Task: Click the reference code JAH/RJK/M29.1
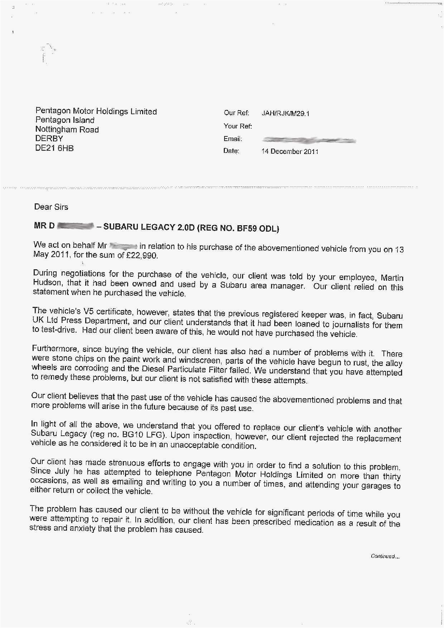tap(285, 113)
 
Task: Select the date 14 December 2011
tap(290, 151)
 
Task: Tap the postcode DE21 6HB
tap(54, 148)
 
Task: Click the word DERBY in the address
tap(49, 139)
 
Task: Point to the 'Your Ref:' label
tap(238, 126)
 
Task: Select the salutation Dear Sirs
tap(51, 207)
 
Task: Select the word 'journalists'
tap(346, 325)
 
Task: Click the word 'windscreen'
tap(202, 360)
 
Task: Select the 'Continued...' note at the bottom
tap(385, 556)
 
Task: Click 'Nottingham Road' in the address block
tap(67, 130)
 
